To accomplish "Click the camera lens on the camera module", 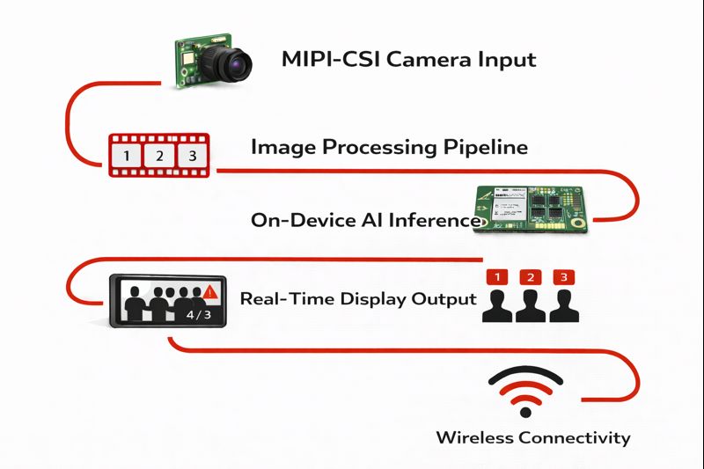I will pos(236,62).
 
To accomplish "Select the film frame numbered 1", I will pos(128,157).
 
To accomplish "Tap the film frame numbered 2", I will pos(158,157).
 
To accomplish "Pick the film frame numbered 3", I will pos(188,157).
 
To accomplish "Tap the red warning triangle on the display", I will pos(209,292).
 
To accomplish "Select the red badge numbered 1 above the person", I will pos(498,277).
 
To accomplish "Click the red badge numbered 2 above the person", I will pos(530,277).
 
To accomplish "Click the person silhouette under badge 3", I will pos(562,305).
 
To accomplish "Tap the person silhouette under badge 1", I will pos(498,305).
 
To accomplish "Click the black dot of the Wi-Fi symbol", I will pos(526,411).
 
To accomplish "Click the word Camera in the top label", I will pos(438,61).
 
